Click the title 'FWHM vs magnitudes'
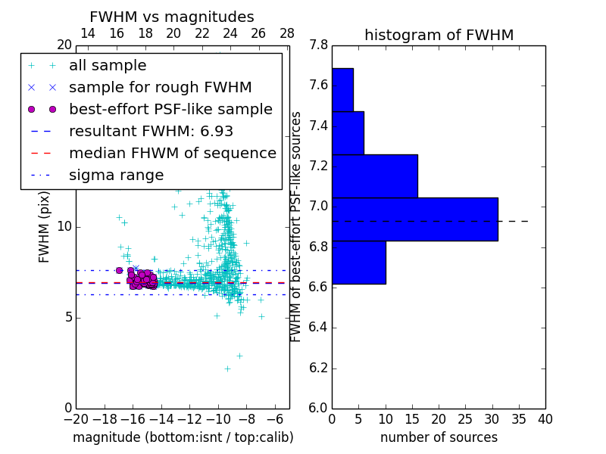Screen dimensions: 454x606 172,17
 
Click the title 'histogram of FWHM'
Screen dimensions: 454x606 439,35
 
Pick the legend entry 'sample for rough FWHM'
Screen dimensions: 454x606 160,88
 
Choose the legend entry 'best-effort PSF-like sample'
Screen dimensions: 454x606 170,109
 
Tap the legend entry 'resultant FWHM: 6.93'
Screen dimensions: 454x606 151,131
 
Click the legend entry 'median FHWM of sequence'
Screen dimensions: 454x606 172,153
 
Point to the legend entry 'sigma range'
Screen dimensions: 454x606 116,175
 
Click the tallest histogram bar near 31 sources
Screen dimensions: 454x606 414,219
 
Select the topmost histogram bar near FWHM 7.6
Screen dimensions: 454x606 342,89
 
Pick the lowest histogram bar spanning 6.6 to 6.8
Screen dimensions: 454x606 358,262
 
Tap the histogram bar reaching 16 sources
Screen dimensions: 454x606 374,176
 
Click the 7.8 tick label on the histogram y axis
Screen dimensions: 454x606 318,45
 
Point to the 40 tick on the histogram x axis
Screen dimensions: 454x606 545,418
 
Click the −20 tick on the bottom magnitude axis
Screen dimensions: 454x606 76,418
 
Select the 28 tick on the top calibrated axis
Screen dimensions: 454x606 287,33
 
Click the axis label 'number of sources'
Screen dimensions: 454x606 439,437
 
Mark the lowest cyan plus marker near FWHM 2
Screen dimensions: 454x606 226,368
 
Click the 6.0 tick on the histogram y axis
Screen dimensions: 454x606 318,408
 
